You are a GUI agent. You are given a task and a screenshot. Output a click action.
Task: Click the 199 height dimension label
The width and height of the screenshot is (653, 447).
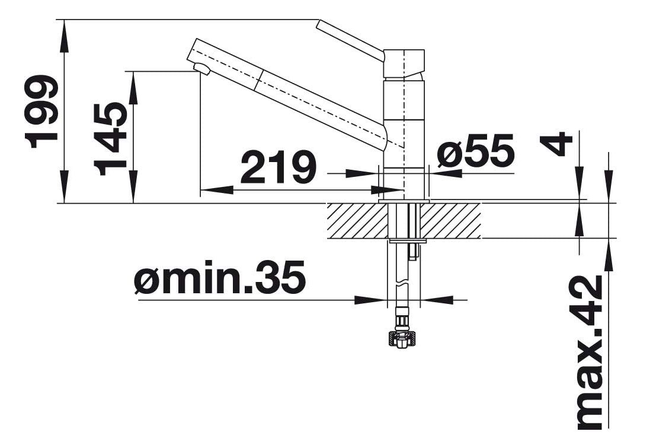tap(41, 112)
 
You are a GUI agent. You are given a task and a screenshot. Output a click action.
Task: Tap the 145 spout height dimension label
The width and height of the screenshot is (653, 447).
tap(110, 139)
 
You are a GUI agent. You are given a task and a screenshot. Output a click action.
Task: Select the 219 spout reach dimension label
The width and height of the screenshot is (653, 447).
tap(278, 167)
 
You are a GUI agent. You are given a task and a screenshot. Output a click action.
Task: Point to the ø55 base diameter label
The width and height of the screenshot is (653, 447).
tap(476, 151)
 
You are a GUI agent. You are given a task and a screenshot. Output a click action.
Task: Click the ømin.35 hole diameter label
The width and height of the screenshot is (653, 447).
tap(220, 277)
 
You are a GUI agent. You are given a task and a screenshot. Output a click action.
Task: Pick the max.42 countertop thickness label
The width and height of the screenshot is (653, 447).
tap(590, 353)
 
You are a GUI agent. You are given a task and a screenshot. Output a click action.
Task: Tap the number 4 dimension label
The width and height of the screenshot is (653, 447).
tap(556, 144)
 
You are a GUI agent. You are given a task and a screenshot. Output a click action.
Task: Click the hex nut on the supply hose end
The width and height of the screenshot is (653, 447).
tap(402, 339)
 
